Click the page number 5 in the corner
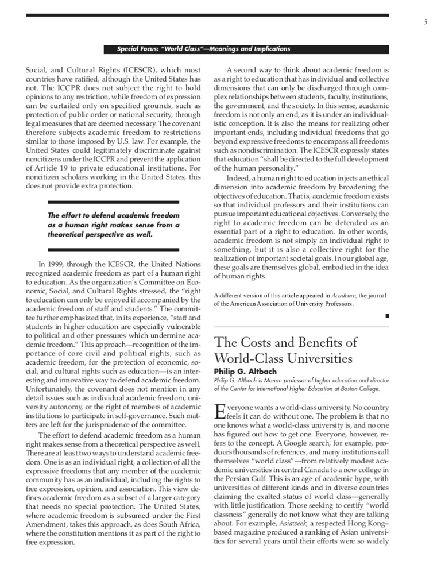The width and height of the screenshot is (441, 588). pos(425,22)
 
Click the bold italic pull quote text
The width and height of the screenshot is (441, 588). pos(114,225)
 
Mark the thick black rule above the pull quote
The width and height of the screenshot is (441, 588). pos(113,202)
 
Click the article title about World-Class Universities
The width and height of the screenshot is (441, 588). pos(285,350)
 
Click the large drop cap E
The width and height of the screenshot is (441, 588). pos(219,412)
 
